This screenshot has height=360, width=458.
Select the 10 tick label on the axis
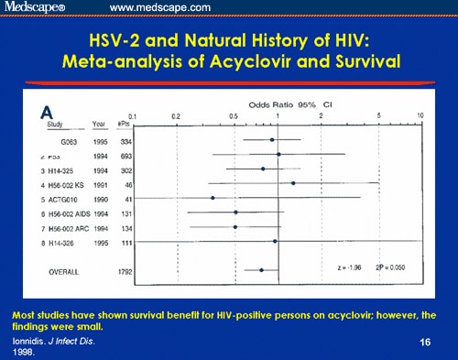[420, 116]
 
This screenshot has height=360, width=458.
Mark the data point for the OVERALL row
[262, 270]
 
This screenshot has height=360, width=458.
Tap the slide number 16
[425, 340]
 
